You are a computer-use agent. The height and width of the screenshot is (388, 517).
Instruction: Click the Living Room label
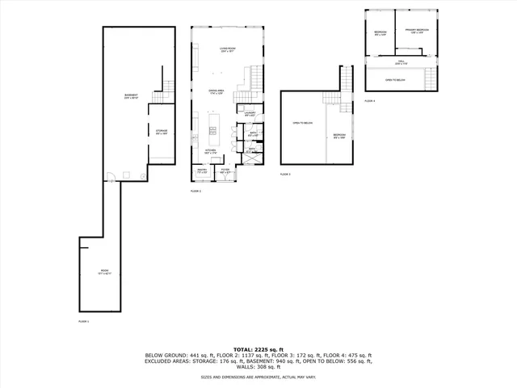pos(227,50)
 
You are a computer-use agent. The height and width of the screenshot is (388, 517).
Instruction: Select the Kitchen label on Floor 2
pos(209,151)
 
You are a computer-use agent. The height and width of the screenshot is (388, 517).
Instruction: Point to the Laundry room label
pos(250,114)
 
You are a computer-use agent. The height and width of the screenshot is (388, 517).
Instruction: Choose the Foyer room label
pos(226,171)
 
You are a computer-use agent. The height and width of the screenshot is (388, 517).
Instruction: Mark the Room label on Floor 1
pos(104,271)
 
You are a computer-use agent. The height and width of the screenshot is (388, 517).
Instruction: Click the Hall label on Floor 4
pos(401,62)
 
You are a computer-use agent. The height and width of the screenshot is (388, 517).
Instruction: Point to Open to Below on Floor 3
pos(301,124)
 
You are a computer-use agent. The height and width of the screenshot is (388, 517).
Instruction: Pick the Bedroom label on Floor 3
pos(339,136)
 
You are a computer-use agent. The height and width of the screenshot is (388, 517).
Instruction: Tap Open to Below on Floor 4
pos(395,80)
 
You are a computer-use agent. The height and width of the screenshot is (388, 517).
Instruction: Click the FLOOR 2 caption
pos(195,191)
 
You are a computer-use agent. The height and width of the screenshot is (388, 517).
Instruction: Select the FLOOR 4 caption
pos(370,101)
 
